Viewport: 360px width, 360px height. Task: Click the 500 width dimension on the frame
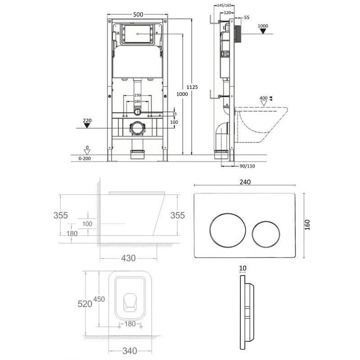tap(138, 14)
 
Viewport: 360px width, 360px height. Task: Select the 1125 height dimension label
tap(192, 87)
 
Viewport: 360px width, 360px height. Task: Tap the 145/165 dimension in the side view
tap(224, 5)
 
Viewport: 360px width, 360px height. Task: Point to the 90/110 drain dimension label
tap(247, 166)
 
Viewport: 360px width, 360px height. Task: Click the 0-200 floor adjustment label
tap(85, 158)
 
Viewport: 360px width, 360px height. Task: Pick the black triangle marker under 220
tap(87, 126)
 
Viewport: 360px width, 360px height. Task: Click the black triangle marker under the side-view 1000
tap(263, 31)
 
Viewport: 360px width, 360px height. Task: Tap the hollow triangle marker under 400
tap(264, 103)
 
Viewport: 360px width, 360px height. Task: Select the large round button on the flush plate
tap(228, 230)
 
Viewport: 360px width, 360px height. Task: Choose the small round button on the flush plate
tap(265, 234)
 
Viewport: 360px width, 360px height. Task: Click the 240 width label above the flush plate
tap(245, 182)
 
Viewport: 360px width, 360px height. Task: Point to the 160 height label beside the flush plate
tap(307, 225)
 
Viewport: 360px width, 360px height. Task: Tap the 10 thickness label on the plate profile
tap(243, 268)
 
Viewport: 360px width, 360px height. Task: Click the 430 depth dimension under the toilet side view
tap(128, 258)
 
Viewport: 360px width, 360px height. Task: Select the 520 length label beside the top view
tap(85, 304)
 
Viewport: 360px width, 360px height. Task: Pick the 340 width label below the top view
tap(130, 351)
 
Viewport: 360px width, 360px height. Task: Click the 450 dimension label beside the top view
tap(99, 299)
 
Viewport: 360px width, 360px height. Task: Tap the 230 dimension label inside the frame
tap(137, 95)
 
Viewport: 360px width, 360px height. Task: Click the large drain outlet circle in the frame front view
tap(137, 129)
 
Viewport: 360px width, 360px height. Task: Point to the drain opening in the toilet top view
tap(130, 302)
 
